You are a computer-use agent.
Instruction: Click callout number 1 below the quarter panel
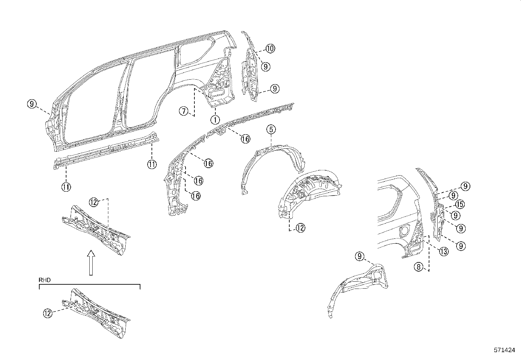point(215,120)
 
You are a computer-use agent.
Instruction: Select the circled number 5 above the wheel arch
point(271,129)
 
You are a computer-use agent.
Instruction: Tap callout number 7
point(184,111)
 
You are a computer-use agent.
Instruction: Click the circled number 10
point(270,49)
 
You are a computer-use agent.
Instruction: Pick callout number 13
point(443,252)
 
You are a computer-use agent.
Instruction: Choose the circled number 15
point(460,205)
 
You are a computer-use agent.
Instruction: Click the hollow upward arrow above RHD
point(91,262)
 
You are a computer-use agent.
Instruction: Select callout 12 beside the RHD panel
point(48,313)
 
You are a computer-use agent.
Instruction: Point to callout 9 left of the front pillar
point(31,104)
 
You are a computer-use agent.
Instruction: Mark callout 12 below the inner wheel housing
point(300,228)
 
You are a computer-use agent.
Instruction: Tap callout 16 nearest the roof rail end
point(245,139)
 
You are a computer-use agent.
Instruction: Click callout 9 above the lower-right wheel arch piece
point(359,256)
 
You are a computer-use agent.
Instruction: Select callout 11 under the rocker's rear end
point(152,164)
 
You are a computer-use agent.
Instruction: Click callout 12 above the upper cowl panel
point(94,202)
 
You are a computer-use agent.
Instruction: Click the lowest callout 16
point(196,196)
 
